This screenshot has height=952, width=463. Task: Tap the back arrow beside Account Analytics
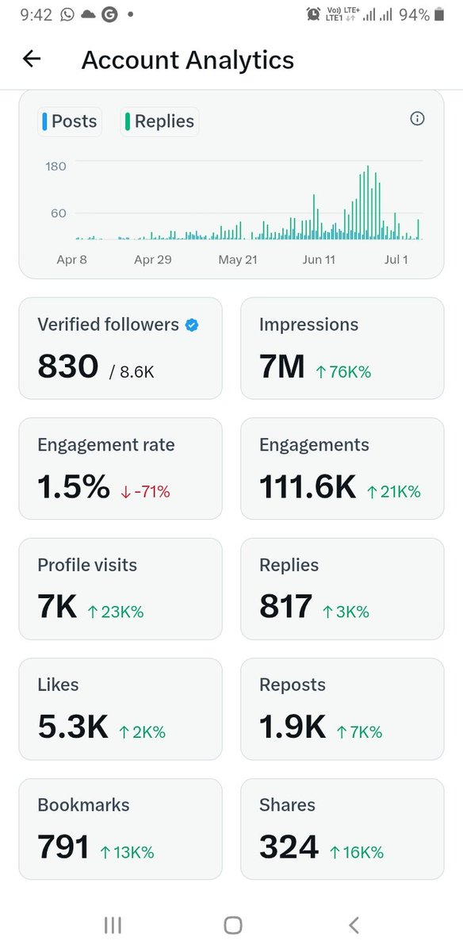(32, 59)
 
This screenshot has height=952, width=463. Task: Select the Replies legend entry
(159, 121)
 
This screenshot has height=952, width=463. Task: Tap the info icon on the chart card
(417, 119)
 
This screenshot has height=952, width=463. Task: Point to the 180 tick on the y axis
(55, 167)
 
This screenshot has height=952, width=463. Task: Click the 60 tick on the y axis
(59, 213)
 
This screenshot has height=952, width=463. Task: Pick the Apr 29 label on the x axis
(153, 259)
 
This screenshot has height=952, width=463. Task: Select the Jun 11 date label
(319, 259)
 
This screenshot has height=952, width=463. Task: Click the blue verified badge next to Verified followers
(191, 324)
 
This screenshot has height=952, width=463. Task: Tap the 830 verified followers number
(68, 367)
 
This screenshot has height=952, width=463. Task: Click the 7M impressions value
(281, 367)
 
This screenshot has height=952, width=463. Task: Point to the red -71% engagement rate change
(145, 492)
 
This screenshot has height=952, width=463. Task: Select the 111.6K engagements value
(308, 488)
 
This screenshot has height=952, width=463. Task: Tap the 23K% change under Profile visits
(115, 612)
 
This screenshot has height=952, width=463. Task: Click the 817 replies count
(285, 607)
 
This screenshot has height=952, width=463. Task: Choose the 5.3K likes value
(73, 727)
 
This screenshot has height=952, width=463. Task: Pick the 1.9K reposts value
(293, 727)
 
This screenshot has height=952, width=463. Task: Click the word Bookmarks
(83, 804)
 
